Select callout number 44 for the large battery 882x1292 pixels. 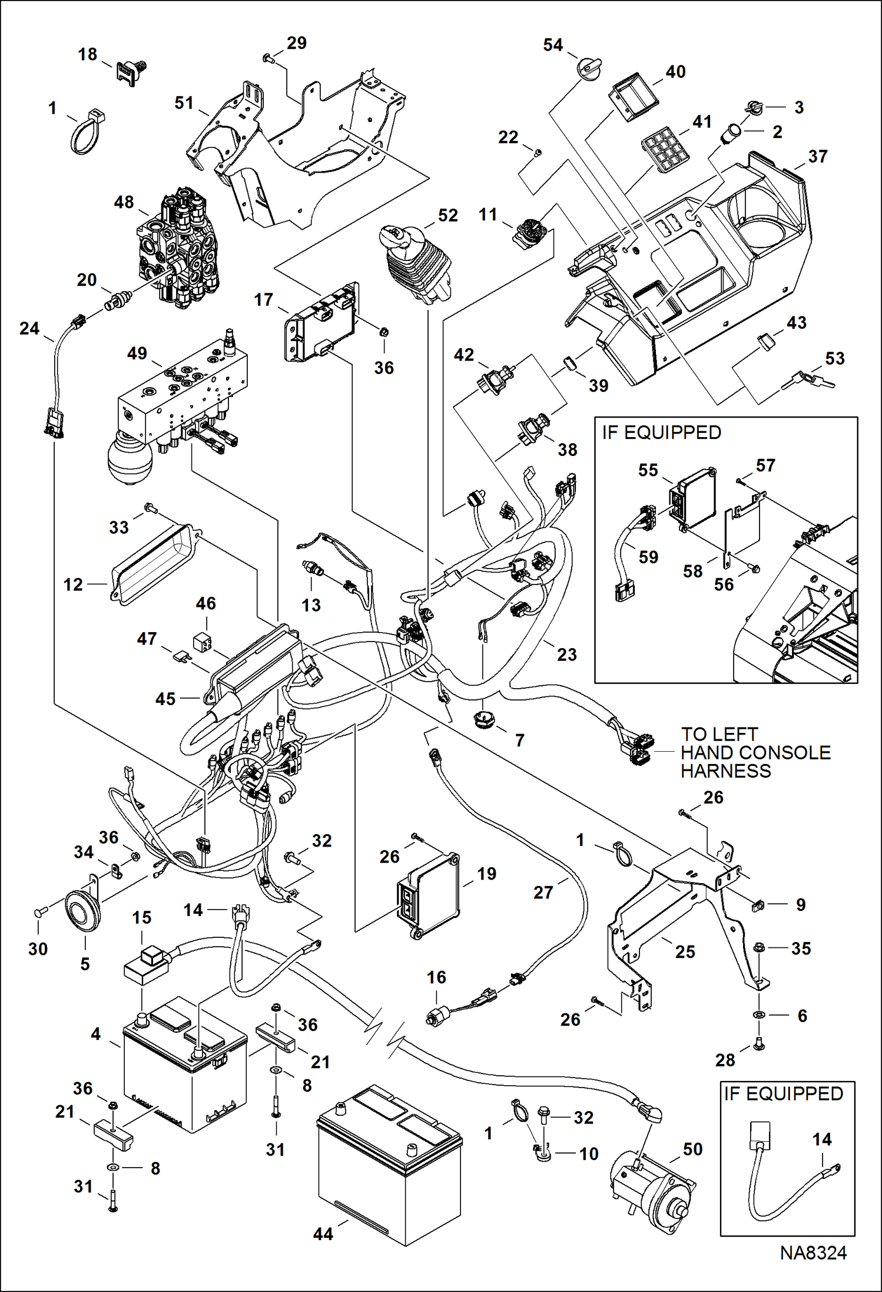point(323,1234)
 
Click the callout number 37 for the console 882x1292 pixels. point(818,157)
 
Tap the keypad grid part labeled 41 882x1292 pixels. point(661,150)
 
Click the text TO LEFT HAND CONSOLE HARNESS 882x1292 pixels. point(755,752)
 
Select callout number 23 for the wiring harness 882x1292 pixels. point(566,654)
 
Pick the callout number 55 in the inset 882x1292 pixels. point(648,470)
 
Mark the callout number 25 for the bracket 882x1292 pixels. point(685,951)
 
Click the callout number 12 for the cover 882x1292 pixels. point(73,584)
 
